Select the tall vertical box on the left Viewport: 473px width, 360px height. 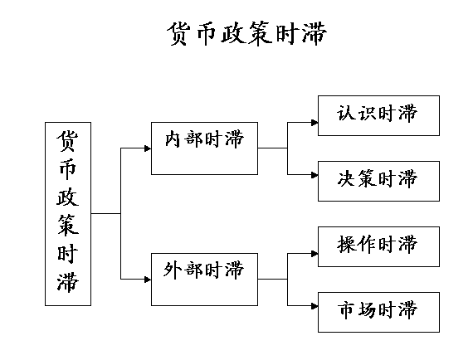coord(68,212)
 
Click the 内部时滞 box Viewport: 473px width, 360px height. coord(204,148)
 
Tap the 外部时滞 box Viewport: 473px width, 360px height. coord(204,278)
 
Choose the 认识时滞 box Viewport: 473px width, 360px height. coord(378,114)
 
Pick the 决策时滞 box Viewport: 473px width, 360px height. coord(378,178)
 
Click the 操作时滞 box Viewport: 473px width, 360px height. coord(378,245)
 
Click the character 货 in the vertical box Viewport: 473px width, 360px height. coord(68,140)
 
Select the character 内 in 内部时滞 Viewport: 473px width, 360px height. coord(173,139)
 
